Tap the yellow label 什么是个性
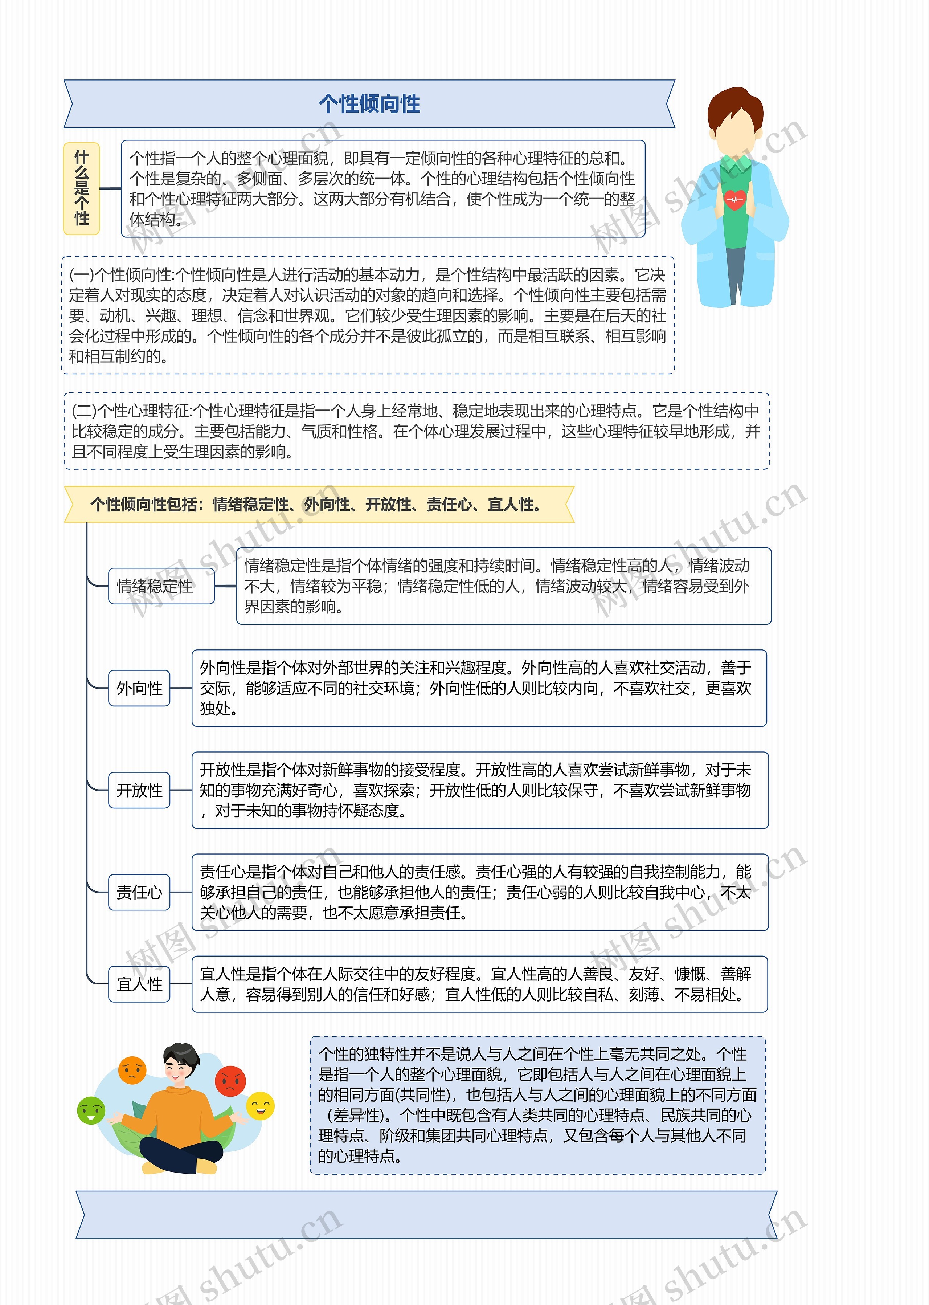tap(82, 188)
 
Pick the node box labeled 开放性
tap(139, 790)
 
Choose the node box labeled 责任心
tap(139, 892)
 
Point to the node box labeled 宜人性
tap(139, 984)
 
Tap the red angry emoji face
tap(230, 1081)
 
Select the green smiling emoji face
tap(91, 1110)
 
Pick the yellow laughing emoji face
tap(260, 1106)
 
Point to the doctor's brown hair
tap(735, 106)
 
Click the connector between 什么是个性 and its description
tap(110, 188)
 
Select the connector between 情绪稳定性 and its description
tap(225, 586)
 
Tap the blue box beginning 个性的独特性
tap(537, 1104)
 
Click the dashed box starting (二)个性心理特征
tap(417, 431)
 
